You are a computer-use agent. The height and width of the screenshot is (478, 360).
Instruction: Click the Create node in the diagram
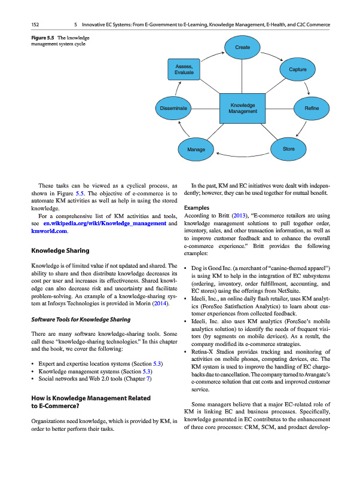242,47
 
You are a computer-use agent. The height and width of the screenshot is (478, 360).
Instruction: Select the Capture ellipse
297,70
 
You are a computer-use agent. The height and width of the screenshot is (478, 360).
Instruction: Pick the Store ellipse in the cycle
288,148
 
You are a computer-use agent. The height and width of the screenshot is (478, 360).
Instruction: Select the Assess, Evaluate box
184,69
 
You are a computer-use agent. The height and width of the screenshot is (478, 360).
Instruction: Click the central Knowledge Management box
243,108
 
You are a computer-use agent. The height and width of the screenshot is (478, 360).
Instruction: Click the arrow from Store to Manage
242,154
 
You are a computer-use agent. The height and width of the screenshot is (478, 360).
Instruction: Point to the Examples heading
200,207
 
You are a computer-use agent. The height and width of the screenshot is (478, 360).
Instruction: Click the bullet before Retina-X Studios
188,353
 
